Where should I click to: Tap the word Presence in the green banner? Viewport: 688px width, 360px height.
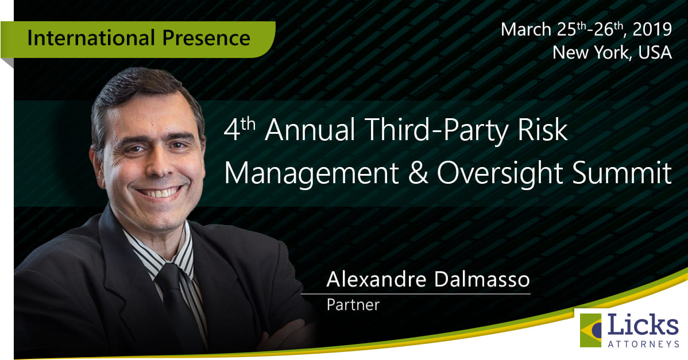click(x=206, y=38)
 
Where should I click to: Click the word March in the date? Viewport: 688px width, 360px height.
click(x=526, y=29)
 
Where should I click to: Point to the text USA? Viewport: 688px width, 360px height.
click(x=655, y=53)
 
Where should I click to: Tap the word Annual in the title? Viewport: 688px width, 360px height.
click(x=310, y=130)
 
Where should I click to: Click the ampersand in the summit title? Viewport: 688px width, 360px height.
click(x=418, y=172)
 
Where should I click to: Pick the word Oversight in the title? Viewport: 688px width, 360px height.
click(x=500, y=173)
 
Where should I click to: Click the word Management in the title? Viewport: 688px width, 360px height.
click(x=311, y=173)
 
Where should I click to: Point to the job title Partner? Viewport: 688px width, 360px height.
click(x=353, y=305)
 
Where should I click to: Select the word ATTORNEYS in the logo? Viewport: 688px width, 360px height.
click(x=643, y=344)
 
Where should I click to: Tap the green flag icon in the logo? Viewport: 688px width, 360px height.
click(x=590, y=330)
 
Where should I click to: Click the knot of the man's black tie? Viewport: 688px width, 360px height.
click(x=169, y=276)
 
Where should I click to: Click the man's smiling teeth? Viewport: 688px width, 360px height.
click(x=159, y=192)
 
